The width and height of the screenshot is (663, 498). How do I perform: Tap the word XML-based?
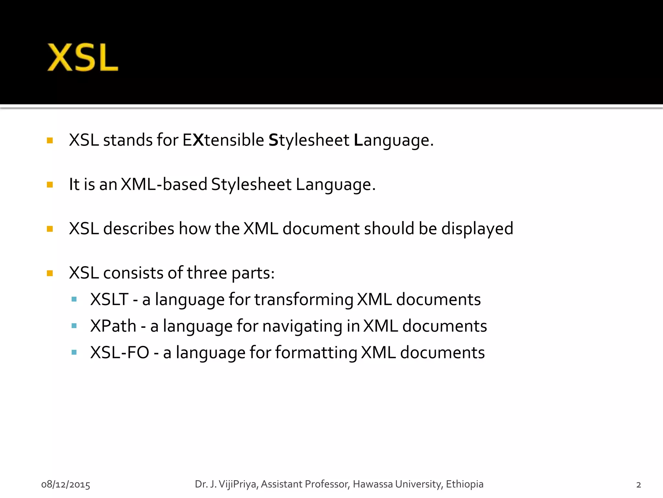pos(164,184)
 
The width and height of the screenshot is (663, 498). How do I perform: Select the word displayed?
pos(477,229)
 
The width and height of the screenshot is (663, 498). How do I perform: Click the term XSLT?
pos(109,299)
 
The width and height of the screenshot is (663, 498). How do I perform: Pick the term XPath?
pos(113,326)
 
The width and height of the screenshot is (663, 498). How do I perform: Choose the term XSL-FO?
pos(119,352)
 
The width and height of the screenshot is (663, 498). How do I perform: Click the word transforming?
pos(304,299)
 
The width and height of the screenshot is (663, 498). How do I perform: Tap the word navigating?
pos(302,326)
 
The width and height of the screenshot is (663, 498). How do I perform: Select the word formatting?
pos(316,352)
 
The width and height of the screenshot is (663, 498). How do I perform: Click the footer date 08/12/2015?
pos(66,484)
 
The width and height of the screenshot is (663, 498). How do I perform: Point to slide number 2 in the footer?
pos(638,485)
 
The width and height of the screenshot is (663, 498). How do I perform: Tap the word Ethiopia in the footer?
pos(465,484)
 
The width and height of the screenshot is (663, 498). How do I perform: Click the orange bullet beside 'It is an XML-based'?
pos(50,185)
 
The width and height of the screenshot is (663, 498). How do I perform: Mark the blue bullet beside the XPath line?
pos(74,326)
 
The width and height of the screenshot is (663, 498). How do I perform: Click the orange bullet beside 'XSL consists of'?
pos(50,273)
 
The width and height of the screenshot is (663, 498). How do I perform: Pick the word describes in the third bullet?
pos(139,229)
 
